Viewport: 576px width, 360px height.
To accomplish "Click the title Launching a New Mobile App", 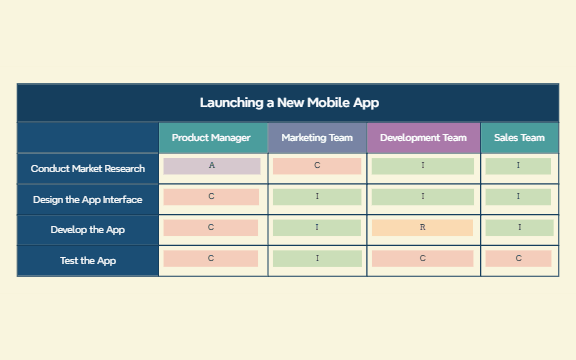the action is tap(289, 102).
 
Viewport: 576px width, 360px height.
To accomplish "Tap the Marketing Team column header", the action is tap(317, 138).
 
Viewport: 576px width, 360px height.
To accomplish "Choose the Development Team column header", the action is tap(424, 138).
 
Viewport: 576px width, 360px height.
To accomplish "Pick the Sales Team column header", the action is tap(519, 138).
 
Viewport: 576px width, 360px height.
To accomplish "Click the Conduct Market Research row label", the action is tap(88, 169).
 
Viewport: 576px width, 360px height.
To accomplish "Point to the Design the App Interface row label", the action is tap(88, 199).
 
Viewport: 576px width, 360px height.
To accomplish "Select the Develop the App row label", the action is tap(88, 230).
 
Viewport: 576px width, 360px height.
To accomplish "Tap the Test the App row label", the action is tap(88, 261).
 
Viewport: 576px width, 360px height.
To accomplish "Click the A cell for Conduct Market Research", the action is tap(212, 166).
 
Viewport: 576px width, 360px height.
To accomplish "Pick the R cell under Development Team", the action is tap(422, 228).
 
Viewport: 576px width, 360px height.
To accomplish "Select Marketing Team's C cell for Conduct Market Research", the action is tap(317, 166).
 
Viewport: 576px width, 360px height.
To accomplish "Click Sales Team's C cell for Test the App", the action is tap(518, 259).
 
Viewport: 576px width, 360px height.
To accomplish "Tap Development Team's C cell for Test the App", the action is tap(422, 259).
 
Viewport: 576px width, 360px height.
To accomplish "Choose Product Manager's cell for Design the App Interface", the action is tap(211, 197).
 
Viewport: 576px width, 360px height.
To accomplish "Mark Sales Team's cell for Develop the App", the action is tap(519, 228).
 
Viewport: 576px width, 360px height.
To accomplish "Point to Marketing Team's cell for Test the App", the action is tap(317, 259).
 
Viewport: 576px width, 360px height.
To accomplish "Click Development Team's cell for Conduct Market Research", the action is tap(423, 166).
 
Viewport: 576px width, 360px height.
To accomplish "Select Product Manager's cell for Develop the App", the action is tap(211, 228).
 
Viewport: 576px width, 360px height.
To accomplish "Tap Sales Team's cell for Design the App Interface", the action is tap(518, 197).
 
